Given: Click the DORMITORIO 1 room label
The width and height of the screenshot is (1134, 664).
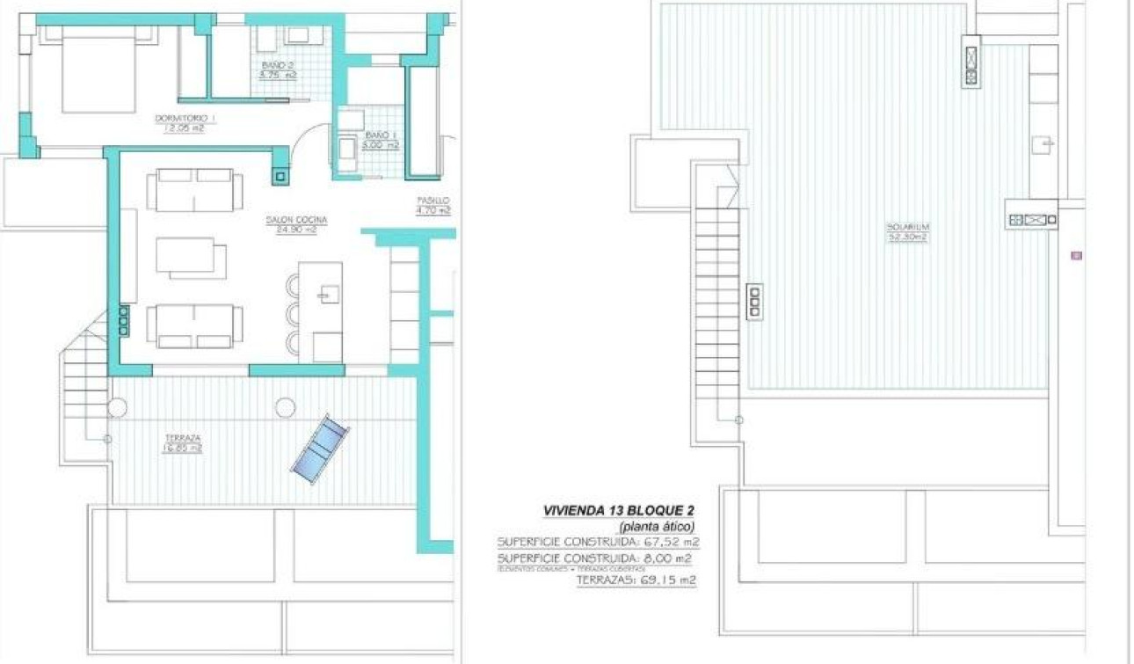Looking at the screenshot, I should click(185, 118).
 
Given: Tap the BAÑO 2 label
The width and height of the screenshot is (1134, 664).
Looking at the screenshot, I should click(278, 65).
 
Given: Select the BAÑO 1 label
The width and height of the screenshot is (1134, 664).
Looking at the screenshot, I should click(377, 135).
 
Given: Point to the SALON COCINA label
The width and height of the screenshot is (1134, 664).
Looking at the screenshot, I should click(297, 219).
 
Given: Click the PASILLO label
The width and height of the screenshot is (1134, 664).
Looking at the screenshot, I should click(433, 200).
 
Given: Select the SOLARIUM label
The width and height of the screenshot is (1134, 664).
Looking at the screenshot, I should click(907, 227).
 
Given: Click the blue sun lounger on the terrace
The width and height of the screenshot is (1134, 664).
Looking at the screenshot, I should click(319, 449).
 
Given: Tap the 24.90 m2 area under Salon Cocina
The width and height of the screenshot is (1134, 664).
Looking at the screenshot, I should click(297, 230).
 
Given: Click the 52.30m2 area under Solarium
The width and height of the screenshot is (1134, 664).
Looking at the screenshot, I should click(907, 237).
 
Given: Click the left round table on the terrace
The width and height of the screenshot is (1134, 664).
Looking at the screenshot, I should click(117, 408).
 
